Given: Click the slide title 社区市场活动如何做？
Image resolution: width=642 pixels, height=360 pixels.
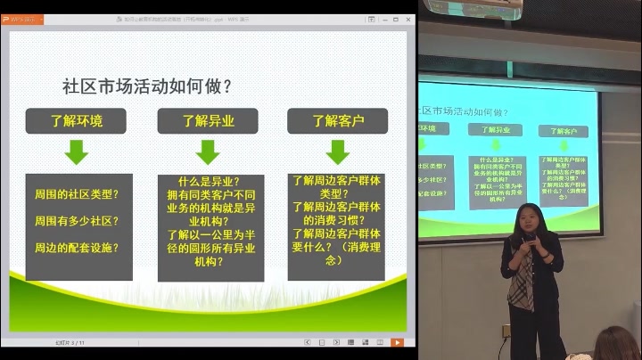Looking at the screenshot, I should [147, 86].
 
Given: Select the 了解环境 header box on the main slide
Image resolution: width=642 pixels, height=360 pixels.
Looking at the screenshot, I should [76, 120].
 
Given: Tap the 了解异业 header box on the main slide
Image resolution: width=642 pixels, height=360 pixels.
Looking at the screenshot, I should [208, 120].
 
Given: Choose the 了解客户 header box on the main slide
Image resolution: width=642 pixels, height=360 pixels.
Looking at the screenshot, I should [337, 120].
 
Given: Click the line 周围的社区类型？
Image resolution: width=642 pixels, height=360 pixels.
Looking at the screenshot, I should [77, 193].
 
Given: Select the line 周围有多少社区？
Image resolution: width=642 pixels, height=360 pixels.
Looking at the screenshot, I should [77, 220].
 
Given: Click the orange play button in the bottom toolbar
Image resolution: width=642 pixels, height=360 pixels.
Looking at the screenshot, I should [397, 342].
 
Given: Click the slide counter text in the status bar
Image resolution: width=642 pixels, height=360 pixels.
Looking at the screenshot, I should [69, 342].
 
